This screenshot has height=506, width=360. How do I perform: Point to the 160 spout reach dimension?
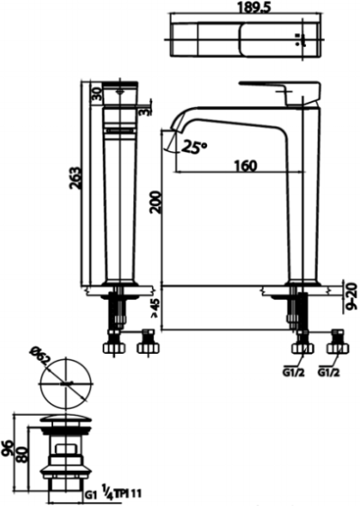pyautogui.click(x=244, y=165)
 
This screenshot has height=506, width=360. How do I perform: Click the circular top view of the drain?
pyautogui.click(x=66, y=384)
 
